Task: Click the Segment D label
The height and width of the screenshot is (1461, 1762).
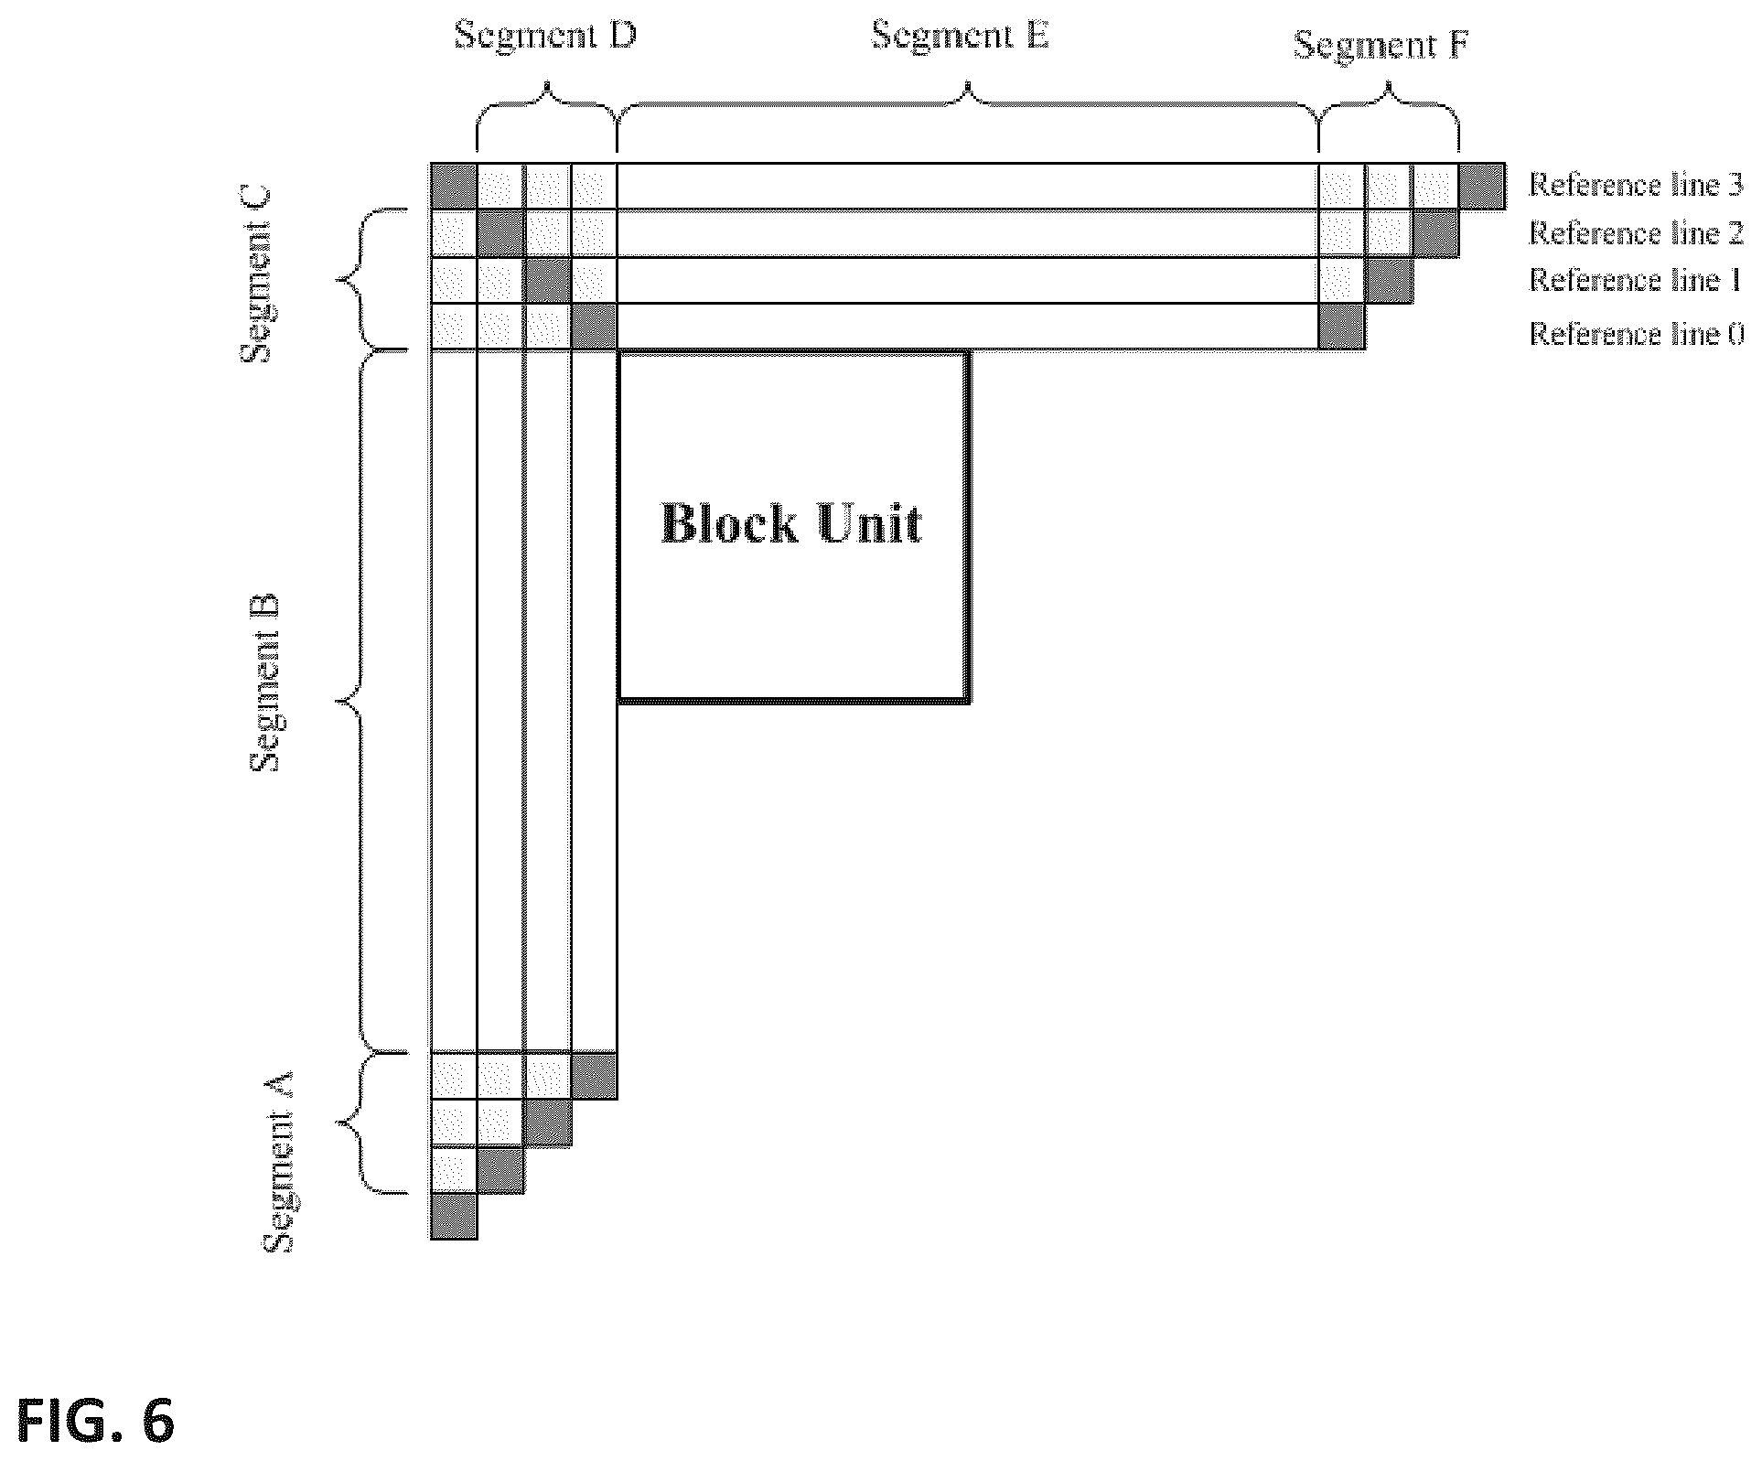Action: [x=544, y=37]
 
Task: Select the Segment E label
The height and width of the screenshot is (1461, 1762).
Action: [x=960, y=37]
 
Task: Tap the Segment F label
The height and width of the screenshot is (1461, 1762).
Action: [x=1381, y=45]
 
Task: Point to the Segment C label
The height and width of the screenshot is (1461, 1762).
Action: [x=257, y=274]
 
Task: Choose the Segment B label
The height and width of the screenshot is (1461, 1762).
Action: [x=266, y=683]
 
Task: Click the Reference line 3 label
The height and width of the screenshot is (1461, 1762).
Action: [x=1636, y=186]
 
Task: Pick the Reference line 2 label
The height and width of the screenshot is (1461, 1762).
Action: [x=1636, y=233]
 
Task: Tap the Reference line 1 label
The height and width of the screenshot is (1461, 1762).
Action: [x=1634, y=280]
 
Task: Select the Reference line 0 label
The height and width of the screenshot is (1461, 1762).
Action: [x=1636, y=334]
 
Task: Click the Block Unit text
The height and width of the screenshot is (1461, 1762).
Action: [x=791, y=524]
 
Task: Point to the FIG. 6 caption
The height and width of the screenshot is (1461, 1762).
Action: [x=95, y=1423]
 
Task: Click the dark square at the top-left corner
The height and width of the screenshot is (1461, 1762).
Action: [x=454, y=187]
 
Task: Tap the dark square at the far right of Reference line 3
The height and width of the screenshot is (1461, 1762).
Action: [x=1482, y=187]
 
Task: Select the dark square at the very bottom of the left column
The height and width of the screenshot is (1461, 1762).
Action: [x=454, y=1216]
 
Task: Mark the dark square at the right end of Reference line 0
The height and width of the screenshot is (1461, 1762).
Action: [x=1342, y=327]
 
